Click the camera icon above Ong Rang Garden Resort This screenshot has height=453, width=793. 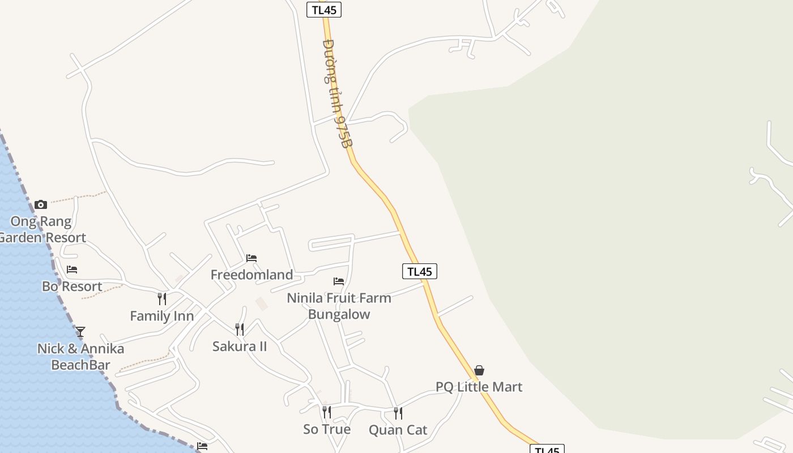coord(41,204)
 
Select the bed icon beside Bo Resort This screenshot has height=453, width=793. coord(72,270)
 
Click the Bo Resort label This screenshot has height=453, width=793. coord(72,287)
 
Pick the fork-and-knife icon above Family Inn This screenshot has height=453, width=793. coord(162,298)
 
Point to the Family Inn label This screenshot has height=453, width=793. coord(162,316)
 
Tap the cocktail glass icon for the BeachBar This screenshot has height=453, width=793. coord(80,331)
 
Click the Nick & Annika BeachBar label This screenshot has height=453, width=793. coord(80,357)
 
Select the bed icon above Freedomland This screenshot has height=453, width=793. coord(251,258)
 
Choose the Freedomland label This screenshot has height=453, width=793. coord(251,275)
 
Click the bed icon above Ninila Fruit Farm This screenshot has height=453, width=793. coord(339,281)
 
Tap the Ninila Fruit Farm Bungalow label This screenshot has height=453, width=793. coord(339,306)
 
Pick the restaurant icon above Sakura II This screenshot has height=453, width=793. coord(240,329)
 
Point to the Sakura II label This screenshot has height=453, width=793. coord(240,346)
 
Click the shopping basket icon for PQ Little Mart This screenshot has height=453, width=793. coord(479,370)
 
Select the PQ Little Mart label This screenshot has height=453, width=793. coord(479,387)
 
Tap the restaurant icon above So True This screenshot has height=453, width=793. coord(327,412)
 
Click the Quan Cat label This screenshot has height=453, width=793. coord(398,430)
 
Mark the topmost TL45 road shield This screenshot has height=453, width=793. coord(324,10)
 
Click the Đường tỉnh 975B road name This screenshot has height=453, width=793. coord(337,93)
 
